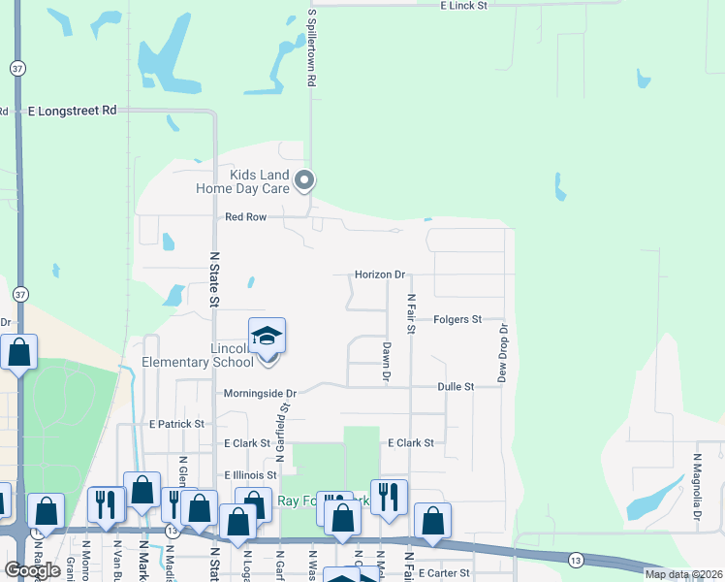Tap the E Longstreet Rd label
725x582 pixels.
tap(72, 111)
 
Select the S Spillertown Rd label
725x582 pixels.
tap(312, 48)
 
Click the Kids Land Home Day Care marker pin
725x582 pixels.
tap(304, 180)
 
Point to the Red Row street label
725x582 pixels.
tap(245, 217)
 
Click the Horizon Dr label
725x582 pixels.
tap(379, 275)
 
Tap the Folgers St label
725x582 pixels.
tap(457, 319)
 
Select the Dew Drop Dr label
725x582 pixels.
tap(503, 354)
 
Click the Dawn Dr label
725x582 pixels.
tap(386, 360)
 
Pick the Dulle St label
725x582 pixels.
tap(455, 386)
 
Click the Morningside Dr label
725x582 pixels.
tap(259, 393)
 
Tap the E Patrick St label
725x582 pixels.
tap(176, 424)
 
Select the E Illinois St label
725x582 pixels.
tap(251, 475)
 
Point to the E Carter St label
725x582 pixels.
tap(444, 573)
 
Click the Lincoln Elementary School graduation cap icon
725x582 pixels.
tap(268, 336)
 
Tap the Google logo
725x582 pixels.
tap(32, 569)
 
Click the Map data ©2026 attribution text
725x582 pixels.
tap(683, 574)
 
